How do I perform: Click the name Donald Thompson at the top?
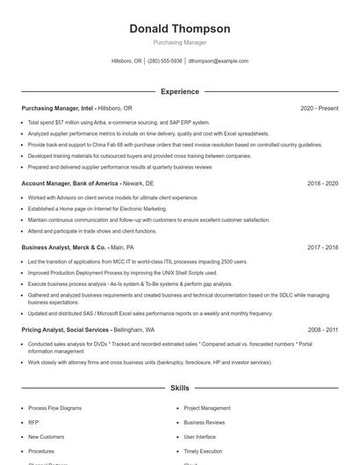click(180, 29)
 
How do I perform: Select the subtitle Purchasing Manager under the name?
click(180, 42)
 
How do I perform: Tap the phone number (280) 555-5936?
click(165, 61)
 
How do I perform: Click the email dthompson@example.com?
click(219, 61)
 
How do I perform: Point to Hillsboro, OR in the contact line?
click(126, 61)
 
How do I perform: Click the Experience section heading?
click(180, 91)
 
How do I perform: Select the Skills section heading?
click(180, 387)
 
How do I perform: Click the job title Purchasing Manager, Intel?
click(58, 108)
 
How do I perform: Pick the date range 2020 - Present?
click(319, 108)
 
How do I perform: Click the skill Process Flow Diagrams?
click(55, 408)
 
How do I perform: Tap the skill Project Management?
click(207, 408)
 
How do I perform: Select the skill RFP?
click(32, 422)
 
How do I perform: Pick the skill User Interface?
click(199, 436)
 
